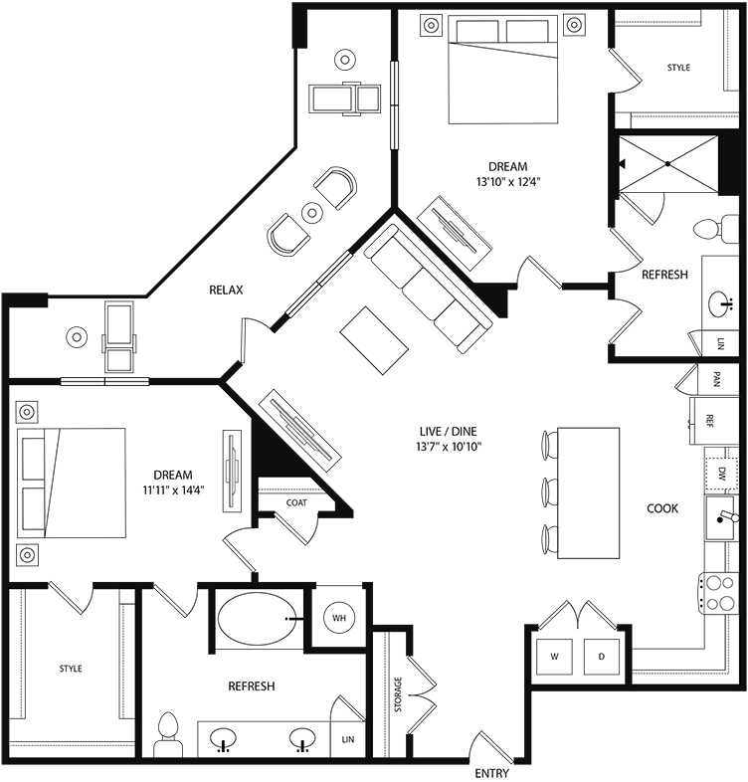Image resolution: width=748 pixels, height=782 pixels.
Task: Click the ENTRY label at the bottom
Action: (492, 773)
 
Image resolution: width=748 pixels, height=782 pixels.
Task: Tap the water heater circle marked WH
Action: (339, 619)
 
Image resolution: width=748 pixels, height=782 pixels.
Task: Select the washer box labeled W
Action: (553, 657)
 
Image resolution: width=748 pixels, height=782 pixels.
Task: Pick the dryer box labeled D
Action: (601, 657)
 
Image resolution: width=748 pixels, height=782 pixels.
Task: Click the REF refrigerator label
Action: (710, 419)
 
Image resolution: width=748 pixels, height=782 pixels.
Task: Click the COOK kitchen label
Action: (662, 508)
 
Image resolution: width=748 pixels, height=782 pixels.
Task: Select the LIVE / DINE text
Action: (449, 431)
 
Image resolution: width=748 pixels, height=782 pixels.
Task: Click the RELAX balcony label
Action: (227, 290)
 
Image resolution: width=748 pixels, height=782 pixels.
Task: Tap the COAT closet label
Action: (296, 502)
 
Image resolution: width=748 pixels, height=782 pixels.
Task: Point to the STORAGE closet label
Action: (398, 692)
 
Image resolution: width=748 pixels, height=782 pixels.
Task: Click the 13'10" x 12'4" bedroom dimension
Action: (501, 181)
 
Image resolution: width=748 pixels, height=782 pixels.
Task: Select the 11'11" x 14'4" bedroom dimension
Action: (173, 489)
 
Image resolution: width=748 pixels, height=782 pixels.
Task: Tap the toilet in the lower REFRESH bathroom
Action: (167, 734)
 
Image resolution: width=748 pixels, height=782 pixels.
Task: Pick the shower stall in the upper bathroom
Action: (667, 163)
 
